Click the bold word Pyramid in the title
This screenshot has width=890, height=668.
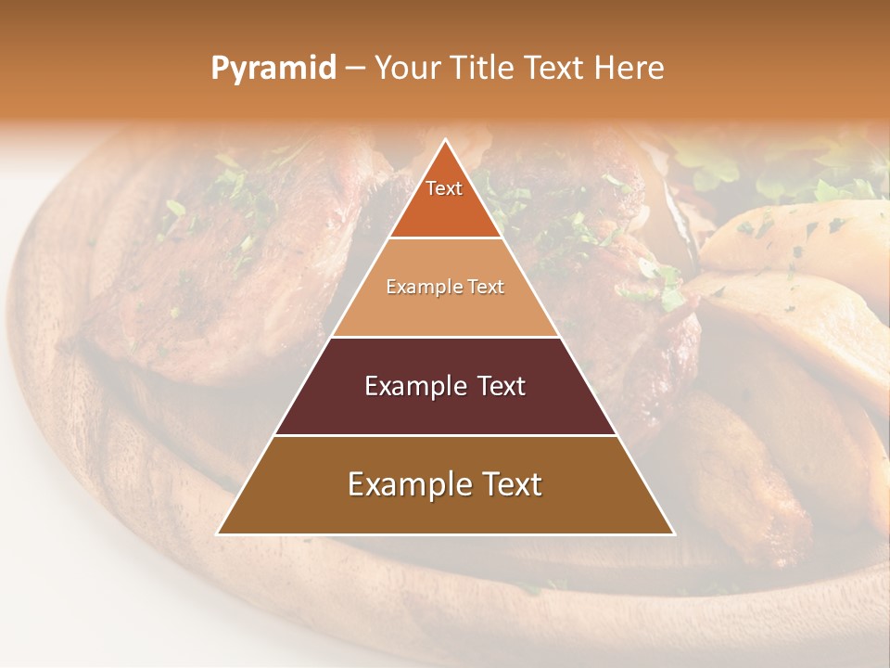pyautogui.click(x=273, y=69)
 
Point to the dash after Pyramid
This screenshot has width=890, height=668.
pyautogui.click(x=354, y=69)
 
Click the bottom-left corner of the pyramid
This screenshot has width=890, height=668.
pyautogui.click(x=218, y=534)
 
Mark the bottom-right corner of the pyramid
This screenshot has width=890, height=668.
pyautogui.click(x=674, y=534)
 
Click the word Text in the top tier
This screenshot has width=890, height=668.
pyautogui.click(x=444, y=188)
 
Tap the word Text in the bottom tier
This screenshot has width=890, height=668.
pyautogui.click(x=508, y=484)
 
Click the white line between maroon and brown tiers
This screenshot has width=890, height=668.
pyautogui.click(x=445, y=435)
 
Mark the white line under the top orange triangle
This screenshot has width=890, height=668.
pyautogui.click(x=445, y=238)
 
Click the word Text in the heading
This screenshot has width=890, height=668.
pyautogui.click(x=556, y=68)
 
